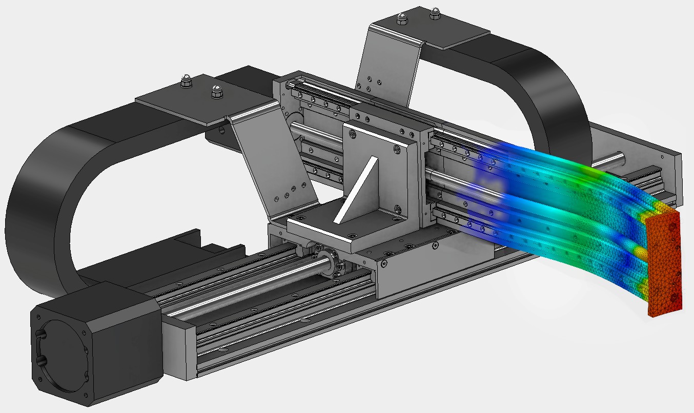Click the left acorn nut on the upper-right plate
click(401, 19)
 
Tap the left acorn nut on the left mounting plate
click(185, 81)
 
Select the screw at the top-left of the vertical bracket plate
click(352, 134)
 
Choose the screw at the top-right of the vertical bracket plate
click(397, 149)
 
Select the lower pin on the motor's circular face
click(41, 359)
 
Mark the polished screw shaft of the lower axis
click(241, 292)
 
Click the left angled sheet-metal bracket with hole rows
click(277, 169)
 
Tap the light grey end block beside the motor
click(179, 348)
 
